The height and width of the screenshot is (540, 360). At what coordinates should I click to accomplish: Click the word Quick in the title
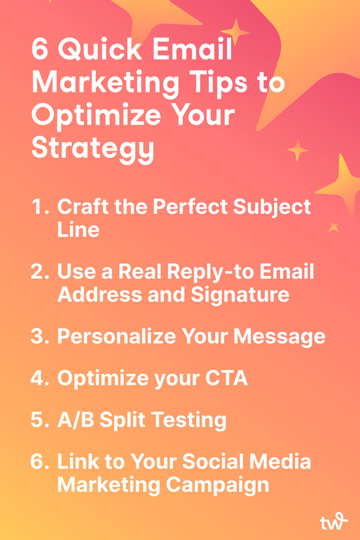pos(100,49)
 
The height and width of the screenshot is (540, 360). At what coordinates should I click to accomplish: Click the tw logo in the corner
pos(334,522)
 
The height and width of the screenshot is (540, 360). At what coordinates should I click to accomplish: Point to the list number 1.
pos(40,206)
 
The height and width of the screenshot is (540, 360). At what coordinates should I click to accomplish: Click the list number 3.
pos(40,336)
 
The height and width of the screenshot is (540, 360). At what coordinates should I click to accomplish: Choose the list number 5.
pos(40,420)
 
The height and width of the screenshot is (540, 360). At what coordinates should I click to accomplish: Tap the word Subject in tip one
pos(272,208)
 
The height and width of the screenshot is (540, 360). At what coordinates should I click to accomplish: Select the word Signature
pos(240,296)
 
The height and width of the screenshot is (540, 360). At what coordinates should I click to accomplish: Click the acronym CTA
pos(226,378)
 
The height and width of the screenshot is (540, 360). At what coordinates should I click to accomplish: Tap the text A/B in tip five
pos(76,420)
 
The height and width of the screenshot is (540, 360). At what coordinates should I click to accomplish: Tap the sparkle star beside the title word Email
pos(235,32)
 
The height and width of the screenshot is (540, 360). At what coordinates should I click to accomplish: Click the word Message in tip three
pos(279,337)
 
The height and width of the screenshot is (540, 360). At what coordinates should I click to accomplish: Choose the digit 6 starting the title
pos(40,49)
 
